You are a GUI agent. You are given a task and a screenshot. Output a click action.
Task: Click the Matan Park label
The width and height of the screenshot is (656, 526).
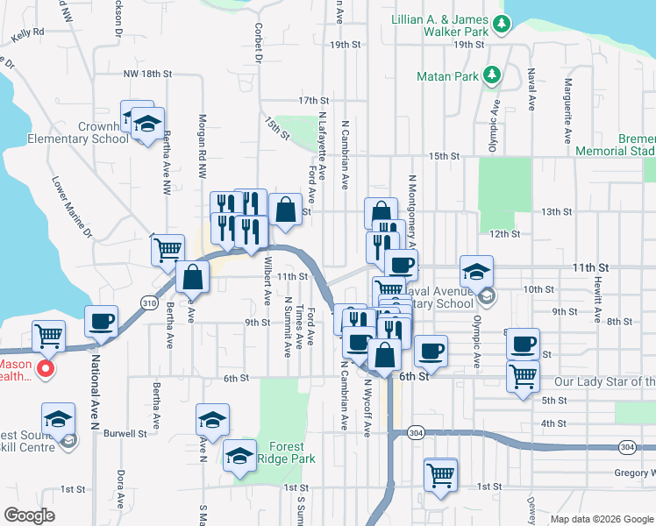click(x=447, y=76)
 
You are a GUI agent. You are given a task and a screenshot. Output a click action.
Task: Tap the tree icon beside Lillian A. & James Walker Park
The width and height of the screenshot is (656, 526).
click(x=501, y=24)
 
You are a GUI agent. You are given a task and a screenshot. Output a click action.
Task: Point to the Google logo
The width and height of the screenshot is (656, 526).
click(x=29, y=515)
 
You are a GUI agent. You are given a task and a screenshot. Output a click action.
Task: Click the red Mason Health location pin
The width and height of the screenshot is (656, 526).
click(x=46, y=368)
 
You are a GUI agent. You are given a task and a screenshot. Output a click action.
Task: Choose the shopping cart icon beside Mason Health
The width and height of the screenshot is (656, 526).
click(x=49, y=335)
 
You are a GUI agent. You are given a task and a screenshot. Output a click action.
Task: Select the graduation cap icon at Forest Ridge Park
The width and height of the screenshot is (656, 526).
click(x=239, y=455)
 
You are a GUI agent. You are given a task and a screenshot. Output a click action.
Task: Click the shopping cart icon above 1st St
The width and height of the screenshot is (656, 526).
click(x=440, y=474)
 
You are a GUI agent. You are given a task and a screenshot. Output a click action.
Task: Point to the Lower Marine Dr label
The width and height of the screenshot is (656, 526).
click(x=72, y=208)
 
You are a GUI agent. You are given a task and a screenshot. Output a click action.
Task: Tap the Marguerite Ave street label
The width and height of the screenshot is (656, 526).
click(x=568, y=110)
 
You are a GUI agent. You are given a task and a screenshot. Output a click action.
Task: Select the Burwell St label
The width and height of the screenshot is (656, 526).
click(x=124, y=433)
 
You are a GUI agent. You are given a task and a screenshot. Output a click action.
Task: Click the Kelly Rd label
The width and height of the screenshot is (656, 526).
click(x=28, y=33)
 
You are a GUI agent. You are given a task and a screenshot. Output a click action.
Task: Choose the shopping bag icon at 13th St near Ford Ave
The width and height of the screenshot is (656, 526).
click(x=286, y=210)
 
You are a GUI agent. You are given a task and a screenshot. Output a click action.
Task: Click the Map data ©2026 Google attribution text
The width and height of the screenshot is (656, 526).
click(x=602, y=518)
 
